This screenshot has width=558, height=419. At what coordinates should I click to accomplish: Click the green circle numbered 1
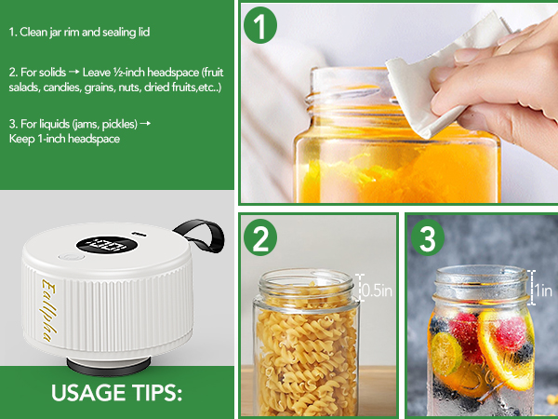[x=261, y=25]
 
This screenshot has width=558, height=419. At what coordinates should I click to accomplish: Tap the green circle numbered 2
[x=261, y=239]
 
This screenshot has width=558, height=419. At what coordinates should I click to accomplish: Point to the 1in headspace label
[x=544, y=290]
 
